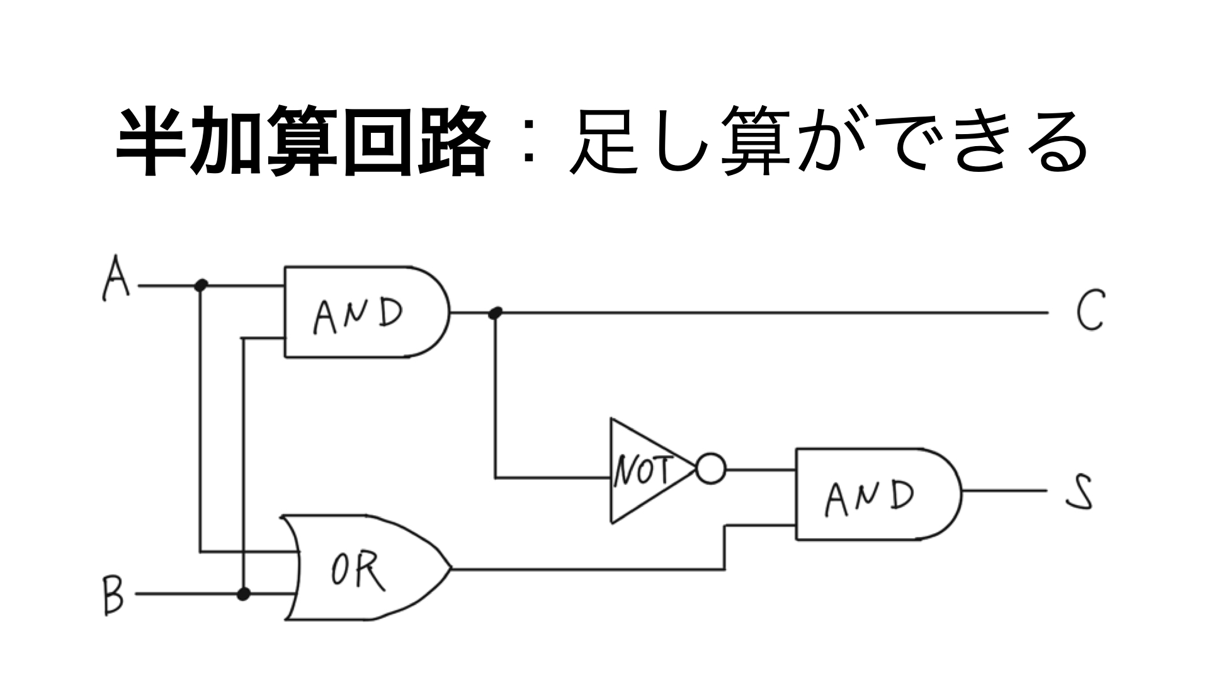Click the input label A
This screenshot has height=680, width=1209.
[x=116, y=278]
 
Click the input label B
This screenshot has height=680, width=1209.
[x=113, y=595]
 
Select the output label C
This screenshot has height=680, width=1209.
[x=1091, y=310]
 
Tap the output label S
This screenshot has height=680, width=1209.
[x=1081, y=492]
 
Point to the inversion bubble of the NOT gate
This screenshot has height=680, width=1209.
[x=711, y=469]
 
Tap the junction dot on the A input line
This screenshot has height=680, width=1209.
[x=201, y=285]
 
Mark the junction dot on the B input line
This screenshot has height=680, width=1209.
[x=243, y=594]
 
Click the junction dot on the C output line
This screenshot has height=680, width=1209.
[x=496, y=312]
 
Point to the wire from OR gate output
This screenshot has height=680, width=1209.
[x=586, y=569]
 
